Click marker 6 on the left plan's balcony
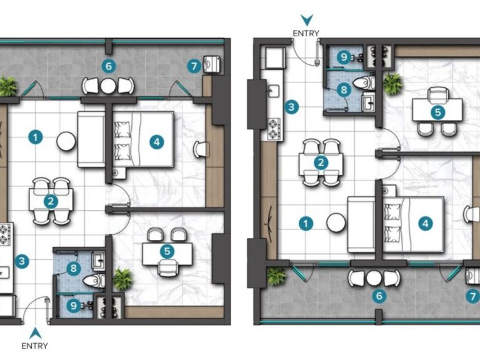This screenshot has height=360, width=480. pyautogui.click(x=109, y=65)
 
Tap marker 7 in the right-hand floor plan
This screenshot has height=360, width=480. pyautogui.click(x=472, y=297)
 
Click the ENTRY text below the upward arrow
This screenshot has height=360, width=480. pyautogui.click(x=34, y=346)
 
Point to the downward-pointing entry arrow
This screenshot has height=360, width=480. pyautogui.click(x=306, y=20)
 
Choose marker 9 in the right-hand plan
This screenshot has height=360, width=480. pyautogui.click(x=343, y=57)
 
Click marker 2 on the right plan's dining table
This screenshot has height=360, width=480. pyautogui.click(x=321, y=162)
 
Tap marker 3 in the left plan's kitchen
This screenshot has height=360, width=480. pyautogui.click(x=22, y=261)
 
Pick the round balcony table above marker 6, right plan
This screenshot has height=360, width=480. pyautogui.click(x=374, y=278)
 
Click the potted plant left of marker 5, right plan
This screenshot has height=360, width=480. pyautogui.click(x=392, y=83)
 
